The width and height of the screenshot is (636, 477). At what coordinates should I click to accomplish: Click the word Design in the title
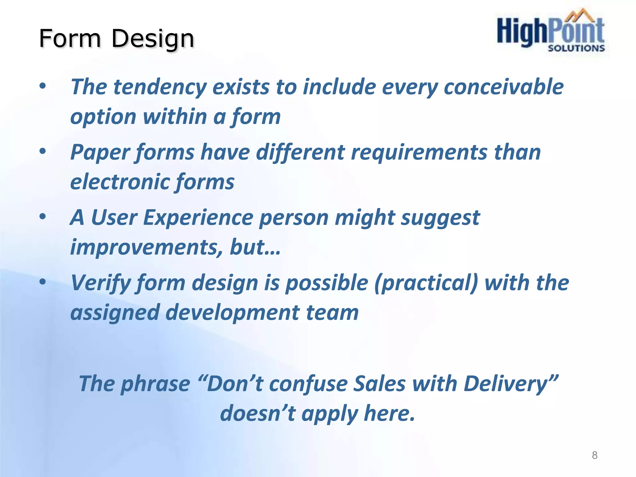(152, 39)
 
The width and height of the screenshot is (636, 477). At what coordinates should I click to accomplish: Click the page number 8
(594, 455)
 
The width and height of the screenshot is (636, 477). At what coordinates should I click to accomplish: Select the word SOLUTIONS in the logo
(576, 48)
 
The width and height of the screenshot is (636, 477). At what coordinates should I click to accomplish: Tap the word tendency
(160, 87)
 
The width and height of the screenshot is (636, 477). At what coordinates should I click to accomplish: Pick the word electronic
(119, 182)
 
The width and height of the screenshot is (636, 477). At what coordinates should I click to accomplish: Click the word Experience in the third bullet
(198, 218)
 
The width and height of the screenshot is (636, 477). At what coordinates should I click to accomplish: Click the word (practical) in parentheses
(426, 283)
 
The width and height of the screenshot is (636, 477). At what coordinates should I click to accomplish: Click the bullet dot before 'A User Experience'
(43, 216)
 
